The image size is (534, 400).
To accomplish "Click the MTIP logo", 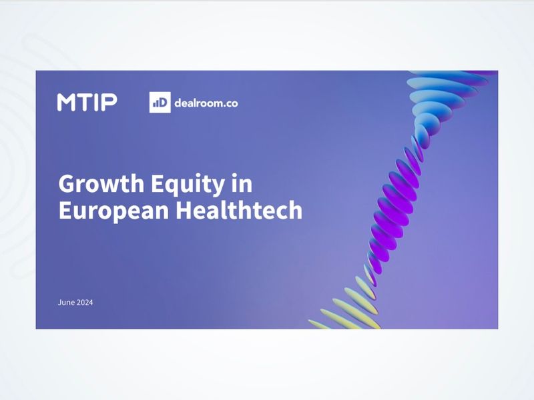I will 87,102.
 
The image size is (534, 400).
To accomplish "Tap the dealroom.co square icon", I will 160,103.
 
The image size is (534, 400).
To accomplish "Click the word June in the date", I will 66,303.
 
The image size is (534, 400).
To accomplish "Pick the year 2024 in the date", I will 85,303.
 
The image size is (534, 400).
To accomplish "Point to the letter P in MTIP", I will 109,102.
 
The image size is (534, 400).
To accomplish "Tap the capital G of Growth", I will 66,183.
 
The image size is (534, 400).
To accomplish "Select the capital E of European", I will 64,210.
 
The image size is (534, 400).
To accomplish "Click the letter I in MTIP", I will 97,102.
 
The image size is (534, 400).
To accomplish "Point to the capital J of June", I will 59,303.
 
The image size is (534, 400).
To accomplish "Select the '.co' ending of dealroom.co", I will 230,103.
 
